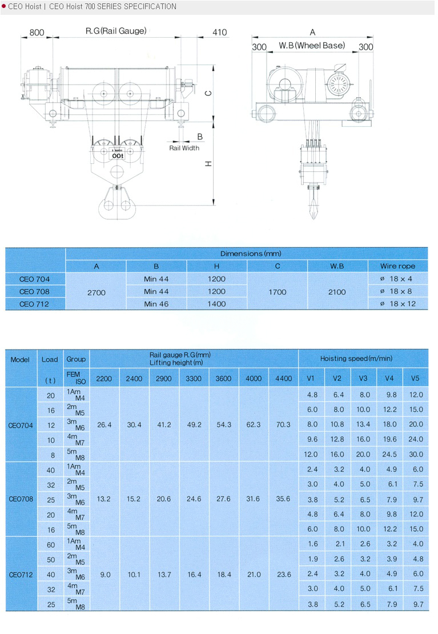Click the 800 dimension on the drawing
point(37,33)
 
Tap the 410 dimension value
point(219,33)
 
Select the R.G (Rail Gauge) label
point(116,31)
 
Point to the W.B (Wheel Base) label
point(312,46)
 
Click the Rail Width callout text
point(184,148)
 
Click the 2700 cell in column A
point(97,292)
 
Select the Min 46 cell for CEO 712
point(156,304)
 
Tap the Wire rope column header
point(397,266)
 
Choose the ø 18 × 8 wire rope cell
point(397,291)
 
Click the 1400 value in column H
point(217,304)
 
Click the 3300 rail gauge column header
point(194,378)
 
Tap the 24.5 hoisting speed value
point(389,455)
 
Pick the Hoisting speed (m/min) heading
point(363,359)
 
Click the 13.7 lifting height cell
point(164,575)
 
